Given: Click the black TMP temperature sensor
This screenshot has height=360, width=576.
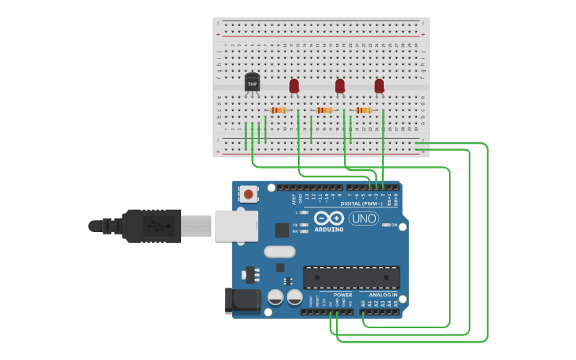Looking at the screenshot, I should [x=252, y=82].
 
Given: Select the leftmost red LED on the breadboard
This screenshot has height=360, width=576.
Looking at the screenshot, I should [x=294, y=84].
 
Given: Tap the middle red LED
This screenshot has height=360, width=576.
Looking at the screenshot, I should [x=340, y=85].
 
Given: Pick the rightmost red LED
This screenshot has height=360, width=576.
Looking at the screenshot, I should [x=379, y=84].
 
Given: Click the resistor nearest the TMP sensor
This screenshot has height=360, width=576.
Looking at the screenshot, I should [x=278, y=110].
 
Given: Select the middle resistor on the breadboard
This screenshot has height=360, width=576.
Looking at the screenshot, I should [x=323, y=110].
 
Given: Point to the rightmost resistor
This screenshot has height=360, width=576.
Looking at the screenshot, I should [x=363, y=110].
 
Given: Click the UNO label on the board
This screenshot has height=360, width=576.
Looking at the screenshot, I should [x=364, y=219].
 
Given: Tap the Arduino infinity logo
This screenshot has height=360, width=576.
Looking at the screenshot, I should [x=328, y=219].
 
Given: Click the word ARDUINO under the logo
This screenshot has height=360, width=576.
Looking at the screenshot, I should [x=328, y=230].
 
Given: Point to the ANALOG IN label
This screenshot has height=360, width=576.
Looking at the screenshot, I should [x=382, y=295].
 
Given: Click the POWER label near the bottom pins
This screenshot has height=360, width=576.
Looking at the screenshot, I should [x=342, y=295].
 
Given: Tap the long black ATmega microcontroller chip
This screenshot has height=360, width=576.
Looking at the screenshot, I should [x=351, y=277].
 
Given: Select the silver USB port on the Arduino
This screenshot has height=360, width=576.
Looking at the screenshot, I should [x=236, y=226].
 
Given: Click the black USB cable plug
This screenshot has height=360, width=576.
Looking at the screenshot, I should [x=151, y=226].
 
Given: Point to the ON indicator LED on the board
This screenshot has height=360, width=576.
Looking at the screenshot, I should [x=386, y=225].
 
